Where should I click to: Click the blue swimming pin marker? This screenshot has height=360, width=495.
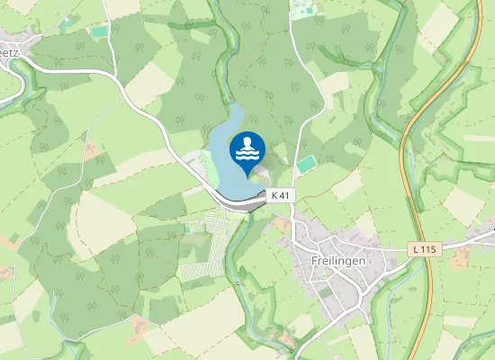tap(247, 149)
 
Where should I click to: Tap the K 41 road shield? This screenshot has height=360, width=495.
tap(281, 195)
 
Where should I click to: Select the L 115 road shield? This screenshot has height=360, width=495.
tap(421, 247)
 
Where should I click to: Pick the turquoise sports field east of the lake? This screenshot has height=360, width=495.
tap(307, 165)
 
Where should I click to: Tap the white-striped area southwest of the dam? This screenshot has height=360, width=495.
tap(202, 261)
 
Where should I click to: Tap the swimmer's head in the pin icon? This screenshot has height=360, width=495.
tap(247, 140)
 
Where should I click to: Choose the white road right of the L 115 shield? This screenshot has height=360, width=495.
tap(468, 241)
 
